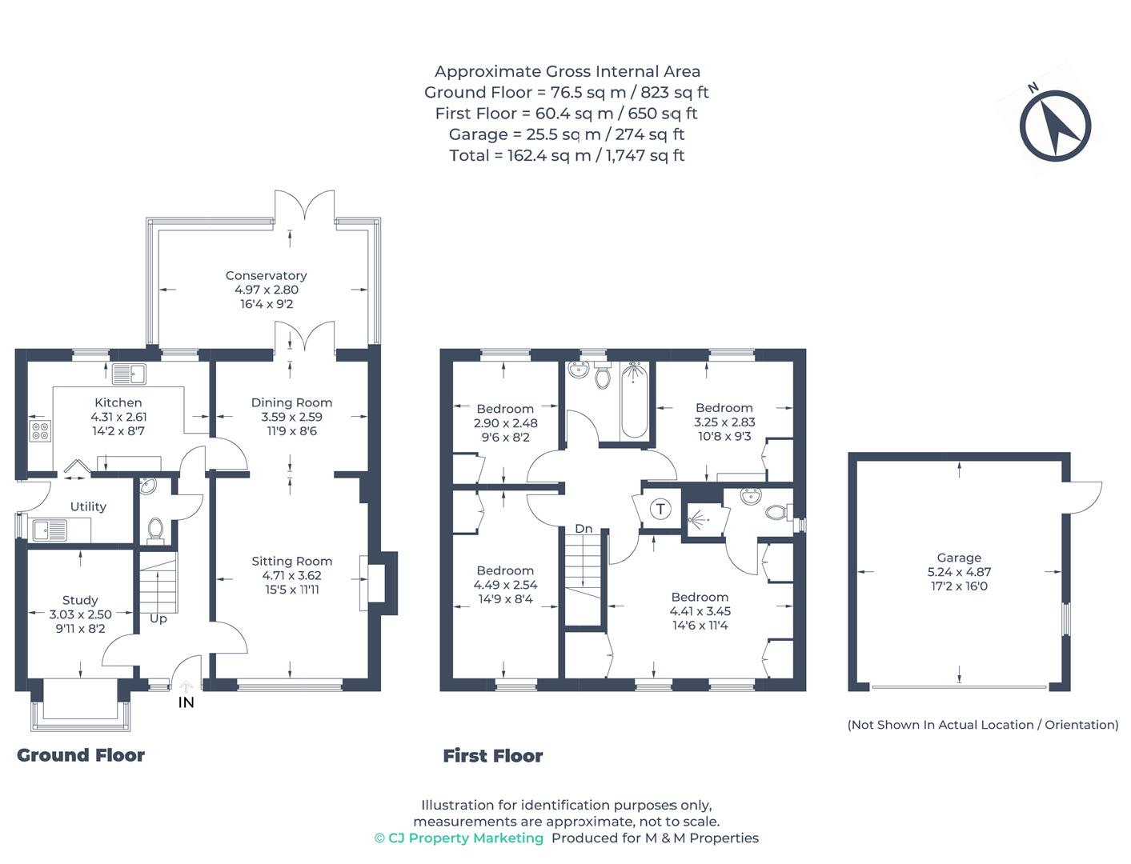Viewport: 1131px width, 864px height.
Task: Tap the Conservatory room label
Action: coord(266,276)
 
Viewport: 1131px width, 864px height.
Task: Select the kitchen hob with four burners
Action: coord(40,431)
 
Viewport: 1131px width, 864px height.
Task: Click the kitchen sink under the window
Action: coord(129,373)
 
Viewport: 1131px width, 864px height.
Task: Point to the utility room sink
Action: coord(50,530)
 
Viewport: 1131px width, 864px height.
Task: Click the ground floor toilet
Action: coord(155,530)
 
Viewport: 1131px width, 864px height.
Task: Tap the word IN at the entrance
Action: coord(186,702)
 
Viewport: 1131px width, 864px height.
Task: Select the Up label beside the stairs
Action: coord(158,618)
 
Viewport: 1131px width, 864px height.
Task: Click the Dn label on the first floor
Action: coord(584,529)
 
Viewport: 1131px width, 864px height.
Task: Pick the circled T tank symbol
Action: coord(660,509)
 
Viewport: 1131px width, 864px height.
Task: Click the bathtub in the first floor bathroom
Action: coord(635,399)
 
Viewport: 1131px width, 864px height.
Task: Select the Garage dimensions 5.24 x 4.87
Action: coord(959,572)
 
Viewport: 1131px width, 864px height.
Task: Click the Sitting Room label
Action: coord(291,562)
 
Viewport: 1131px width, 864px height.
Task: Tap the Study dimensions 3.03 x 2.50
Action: coord(80,614)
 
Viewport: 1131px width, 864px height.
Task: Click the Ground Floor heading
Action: coord(81,755)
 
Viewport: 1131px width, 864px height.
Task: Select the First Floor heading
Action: coord(493,756)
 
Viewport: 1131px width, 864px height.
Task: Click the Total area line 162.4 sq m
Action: coord(567,155)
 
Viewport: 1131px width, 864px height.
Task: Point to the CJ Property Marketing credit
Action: coord(459,838)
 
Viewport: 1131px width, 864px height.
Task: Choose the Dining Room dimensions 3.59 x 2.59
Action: coord(291,417)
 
